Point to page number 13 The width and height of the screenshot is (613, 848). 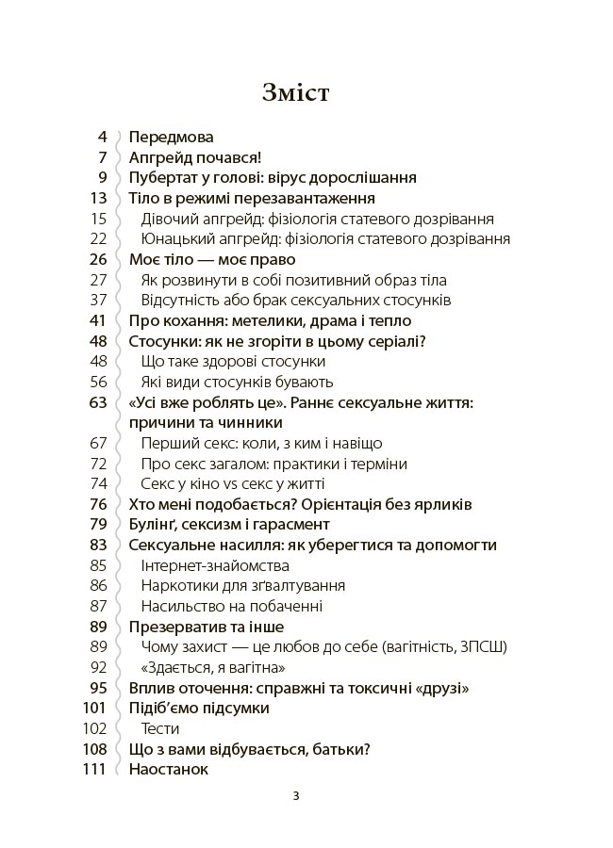pos(98,198)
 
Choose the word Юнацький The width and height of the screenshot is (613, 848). pos(176,239)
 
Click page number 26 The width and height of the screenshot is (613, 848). pos(98,259)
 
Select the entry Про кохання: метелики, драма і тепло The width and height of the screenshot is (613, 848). pos(270,320)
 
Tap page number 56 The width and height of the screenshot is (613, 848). pos(99,382)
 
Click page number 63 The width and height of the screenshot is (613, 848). pos(98,402)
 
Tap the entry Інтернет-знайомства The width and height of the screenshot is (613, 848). pos(215,565)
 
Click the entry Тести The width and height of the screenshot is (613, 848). pos(160,728)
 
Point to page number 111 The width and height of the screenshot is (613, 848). pos(95,769)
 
